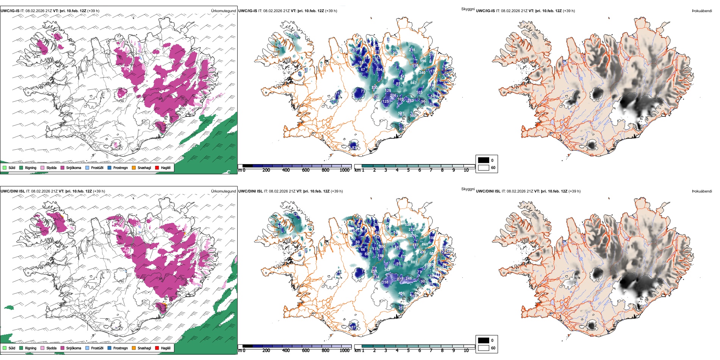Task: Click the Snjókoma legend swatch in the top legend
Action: tap(63, 167)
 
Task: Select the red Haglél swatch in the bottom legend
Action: tap(157, 348)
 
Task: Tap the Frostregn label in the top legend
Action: tap(121, 167)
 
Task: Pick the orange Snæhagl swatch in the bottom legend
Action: tap(134, 348)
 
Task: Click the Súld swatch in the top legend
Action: tap(5, 167)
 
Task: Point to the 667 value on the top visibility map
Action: tap(413, 83)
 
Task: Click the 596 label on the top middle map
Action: tap(423, 61)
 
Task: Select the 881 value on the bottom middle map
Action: tap(414, 262)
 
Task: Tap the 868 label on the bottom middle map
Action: tap(425, 244)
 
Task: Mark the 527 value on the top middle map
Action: tap(401, 113)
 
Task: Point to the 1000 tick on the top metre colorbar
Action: tap(344, 171)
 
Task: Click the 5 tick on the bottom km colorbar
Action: tap(409, 351)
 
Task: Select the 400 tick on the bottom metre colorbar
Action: tap(286, 351)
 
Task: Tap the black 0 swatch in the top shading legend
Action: tap(484, 160)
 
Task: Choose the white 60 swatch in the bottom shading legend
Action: tap(484, 348)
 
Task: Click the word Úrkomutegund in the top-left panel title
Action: tap(224, 11)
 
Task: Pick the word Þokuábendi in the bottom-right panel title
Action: tap(702, 191)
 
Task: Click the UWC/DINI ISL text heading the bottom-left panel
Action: tap(13, 191)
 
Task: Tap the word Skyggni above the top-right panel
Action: tap(468, 9)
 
